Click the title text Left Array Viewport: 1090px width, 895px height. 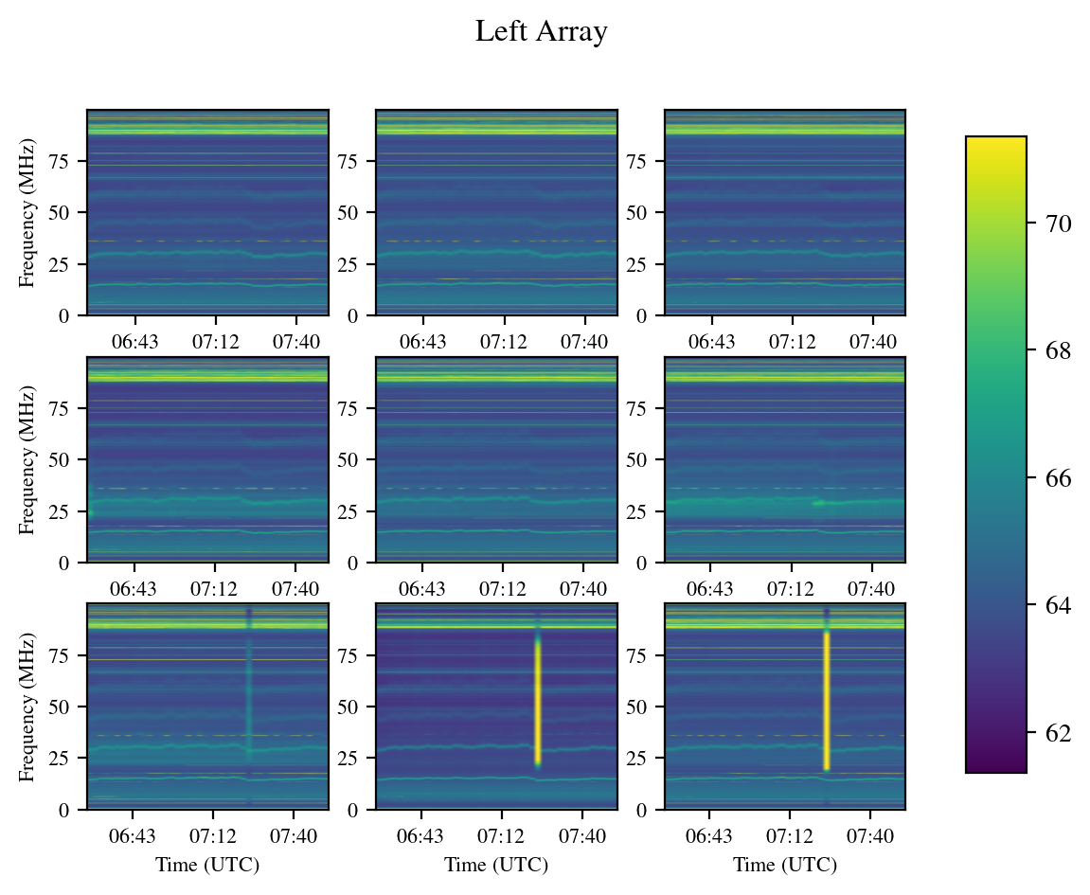(x=541, y=32)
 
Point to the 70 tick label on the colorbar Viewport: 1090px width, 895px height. (x=1059, y=224)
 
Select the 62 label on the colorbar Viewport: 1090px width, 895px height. (x=1059, y=733)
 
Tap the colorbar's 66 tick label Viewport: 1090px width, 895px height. (x=1059, y=478)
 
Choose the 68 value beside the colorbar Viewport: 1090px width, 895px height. (x=1059, y=351)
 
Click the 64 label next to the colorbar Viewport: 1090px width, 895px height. (x=1059, y=605)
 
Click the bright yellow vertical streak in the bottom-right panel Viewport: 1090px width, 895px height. (x=826, y=701)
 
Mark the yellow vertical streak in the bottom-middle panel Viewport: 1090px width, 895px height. (x=537, y=701)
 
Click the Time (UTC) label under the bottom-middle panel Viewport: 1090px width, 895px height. (x=496, y=865)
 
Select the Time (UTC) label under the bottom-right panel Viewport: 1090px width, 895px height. (x=785, y=865)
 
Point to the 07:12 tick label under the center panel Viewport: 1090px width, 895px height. (x=503, y=588)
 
